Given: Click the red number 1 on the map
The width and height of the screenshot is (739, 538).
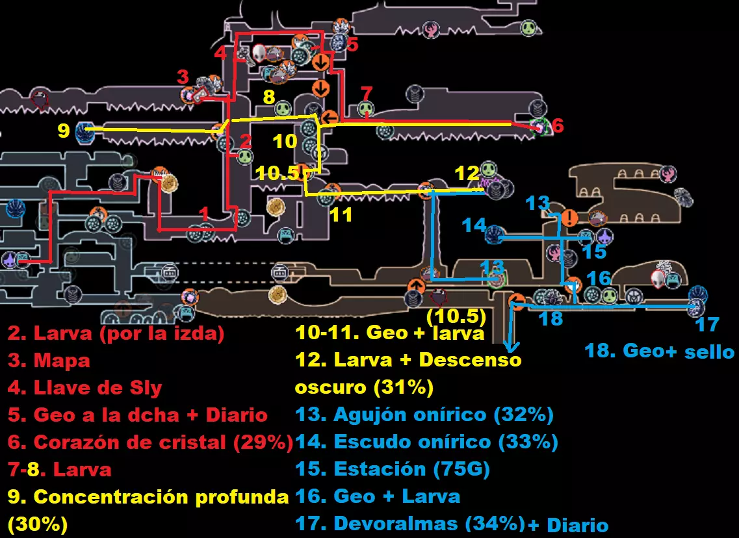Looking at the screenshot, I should click(x=203, y=213).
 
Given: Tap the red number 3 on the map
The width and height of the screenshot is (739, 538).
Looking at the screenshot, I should click(x=183, y=77).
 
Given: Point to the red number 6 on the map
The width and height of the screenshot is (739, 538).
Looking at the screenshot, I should click(x=558, y=126).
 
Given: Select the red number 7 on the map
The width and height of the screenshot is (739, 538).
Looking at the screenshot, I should click(x=367, y=92).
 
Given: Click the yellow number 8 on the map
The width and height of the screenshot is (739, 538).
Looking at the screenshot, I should click(x=269, y=97).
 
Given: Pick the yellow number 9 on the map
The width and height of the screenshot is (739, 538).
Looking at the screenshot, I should click(x=63, y=131).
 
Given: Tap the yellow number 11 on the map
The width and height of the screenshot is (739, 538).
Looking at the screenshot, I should click(x=341, y=214).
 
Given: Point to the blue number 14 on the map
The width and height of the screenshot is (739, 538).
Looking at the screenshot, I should click(x=474, y=225).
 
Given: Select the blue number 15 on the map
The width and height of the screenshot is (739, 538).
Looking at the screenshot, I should click(x=594, y=251).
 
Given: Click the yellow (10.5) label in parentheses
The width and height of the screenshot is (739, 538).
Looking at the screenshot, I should click(x=456, y=316).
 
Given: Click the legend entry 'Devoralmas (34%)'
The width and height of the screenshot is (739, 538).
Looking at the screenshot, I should click(x=409, y=523).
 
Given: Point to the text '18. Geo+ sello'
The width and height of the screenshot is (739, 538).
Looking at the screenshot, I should click(x=659, y=351).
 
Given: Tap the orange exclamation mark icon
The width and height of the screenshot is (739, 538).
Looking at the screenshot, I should click(x=569, y=218).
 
